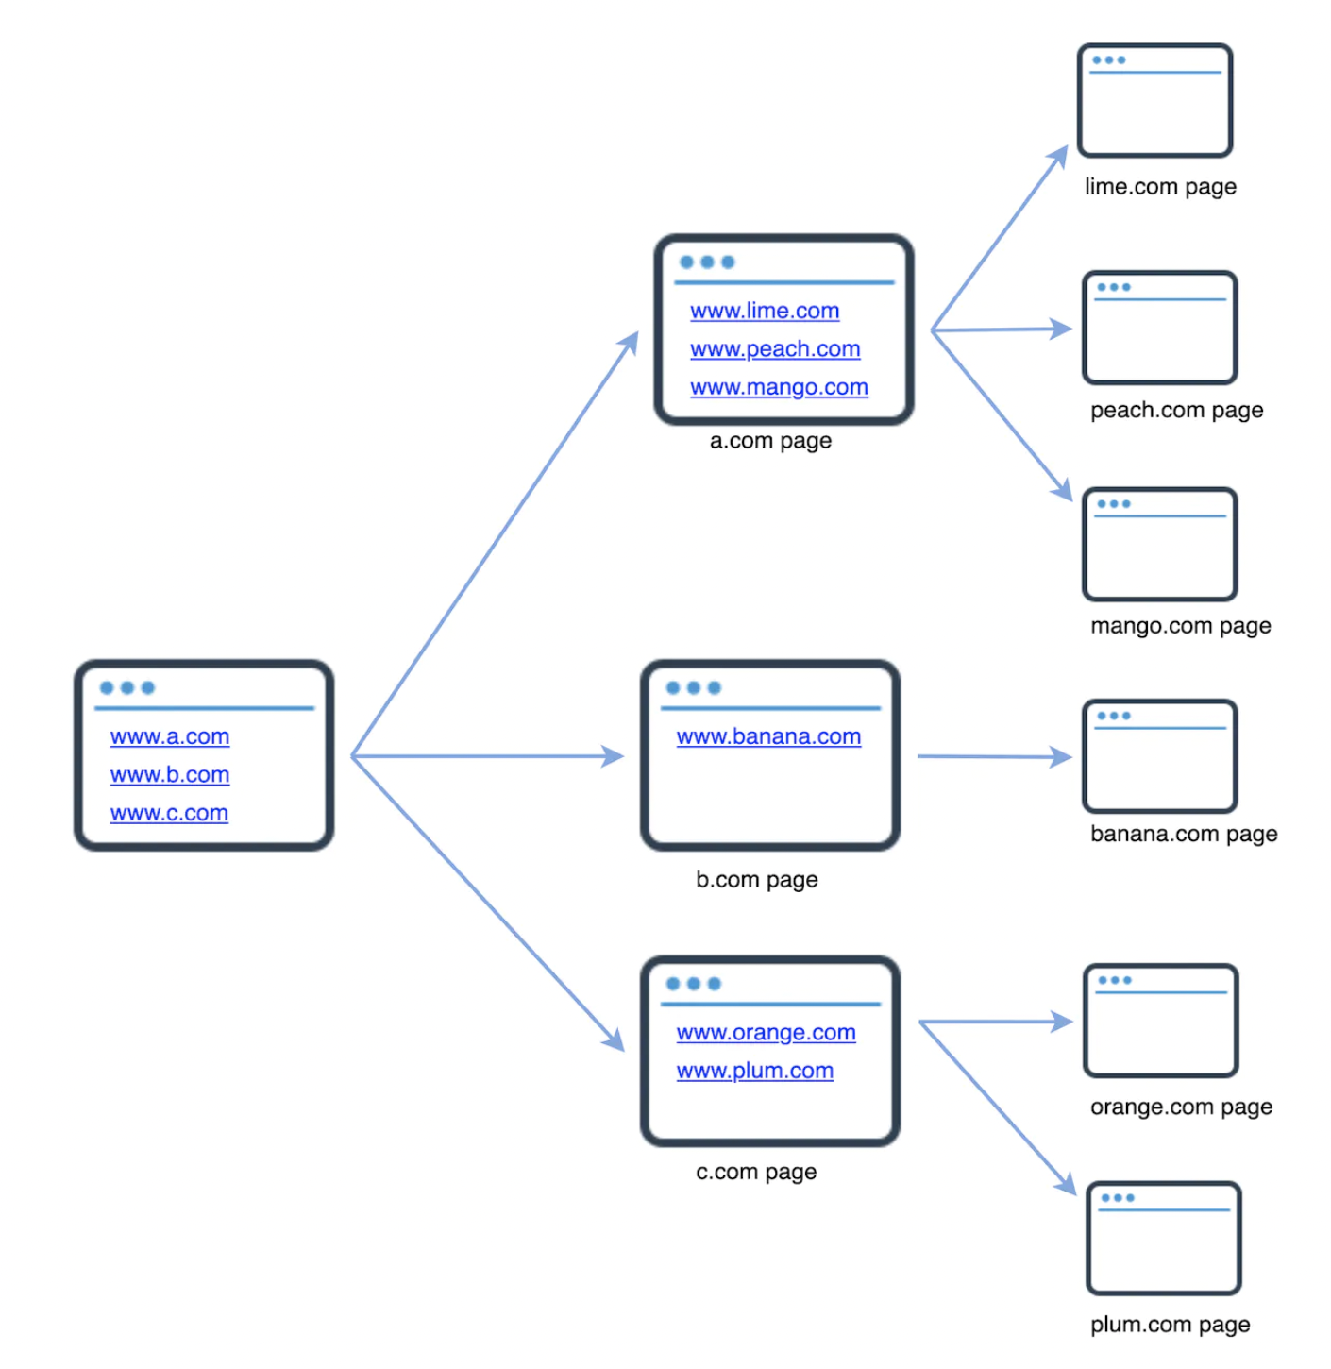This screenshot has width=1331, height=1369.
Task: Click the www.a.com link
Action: click(x=170, y=736)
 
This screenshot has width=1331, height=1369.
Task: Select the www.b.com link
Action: click(x=170, y=775)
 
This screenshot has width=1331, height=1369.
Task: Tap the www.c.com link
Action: click(x=169, y=813)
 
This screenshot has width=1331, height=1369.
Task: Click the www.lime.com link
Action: click(x=765, y=311)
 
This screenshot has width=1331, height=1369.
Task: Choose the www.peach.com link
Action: click(x=775, y=349)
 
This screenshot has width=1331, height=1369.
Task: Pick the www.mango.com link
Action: click(x=779, y=387)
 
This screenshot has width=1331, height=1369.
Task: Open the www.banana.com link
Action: click(x=768, y=736)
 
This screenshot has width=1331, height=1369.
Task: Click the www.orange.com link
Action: click(x=766, y=1033)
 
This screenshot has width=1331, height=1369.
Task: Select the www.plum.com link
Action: click(x=754, y=1071)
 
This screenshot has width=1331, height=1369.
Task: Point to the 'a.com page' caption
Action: click(x=770, y=441)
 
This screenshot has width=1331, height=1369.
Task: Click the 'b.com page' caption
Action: click(x=756, y=880)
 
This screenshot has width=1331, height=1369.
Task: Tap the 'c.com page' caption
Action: click(x=756, y=1172)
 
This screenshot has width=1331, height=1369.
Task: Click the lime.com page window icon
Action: click(x=1154, y=100)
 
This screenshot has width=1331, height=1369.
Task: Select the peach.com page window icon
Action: click(x=1159, y=328)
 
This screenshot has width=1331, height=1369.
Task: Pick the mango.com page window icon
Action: click(x=1159, y=545)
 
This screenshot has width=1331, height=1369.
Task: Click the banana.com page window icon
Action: click(x=1159, y=756)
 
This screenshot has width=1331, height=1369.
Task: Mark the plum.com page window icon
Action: click(x=1163, y=1239)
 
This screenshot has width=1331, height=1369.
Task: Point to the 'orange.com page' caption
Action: click(x=1181, y=1107)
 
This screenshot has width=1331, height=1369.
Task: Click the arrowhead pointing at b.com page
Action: click(x=614, y=756)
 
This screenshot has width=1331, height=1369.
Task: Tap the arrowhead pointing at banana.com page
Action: click(x=1061, y=756)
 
